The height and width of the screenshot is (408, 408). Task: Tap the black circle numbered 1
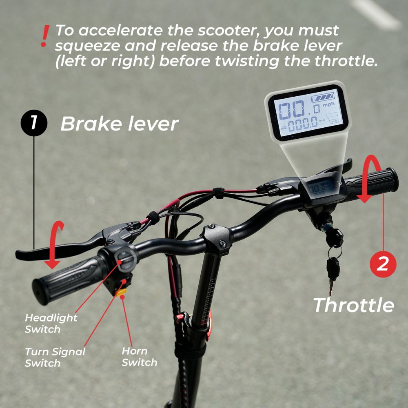(34, 123)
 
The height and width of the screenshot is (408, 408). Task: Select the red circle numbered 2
(383, 264)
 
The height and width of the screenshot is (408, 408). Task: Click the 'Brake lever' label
(119, 124)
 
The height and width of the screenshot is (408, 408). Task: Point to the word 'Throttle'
(353, 305)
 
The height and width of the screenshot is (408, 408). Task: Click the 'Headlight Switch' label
(51, 323)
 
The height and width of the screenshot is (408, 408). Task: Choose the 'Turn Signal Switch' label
(55, 357)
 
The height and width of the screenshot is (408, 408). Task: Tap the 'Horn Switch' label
(139, 357)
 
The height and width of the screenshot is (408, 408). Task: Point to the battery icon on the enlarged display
(324, 98)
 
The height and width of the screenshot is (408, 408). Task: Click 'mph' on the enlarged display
(328, 105)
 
